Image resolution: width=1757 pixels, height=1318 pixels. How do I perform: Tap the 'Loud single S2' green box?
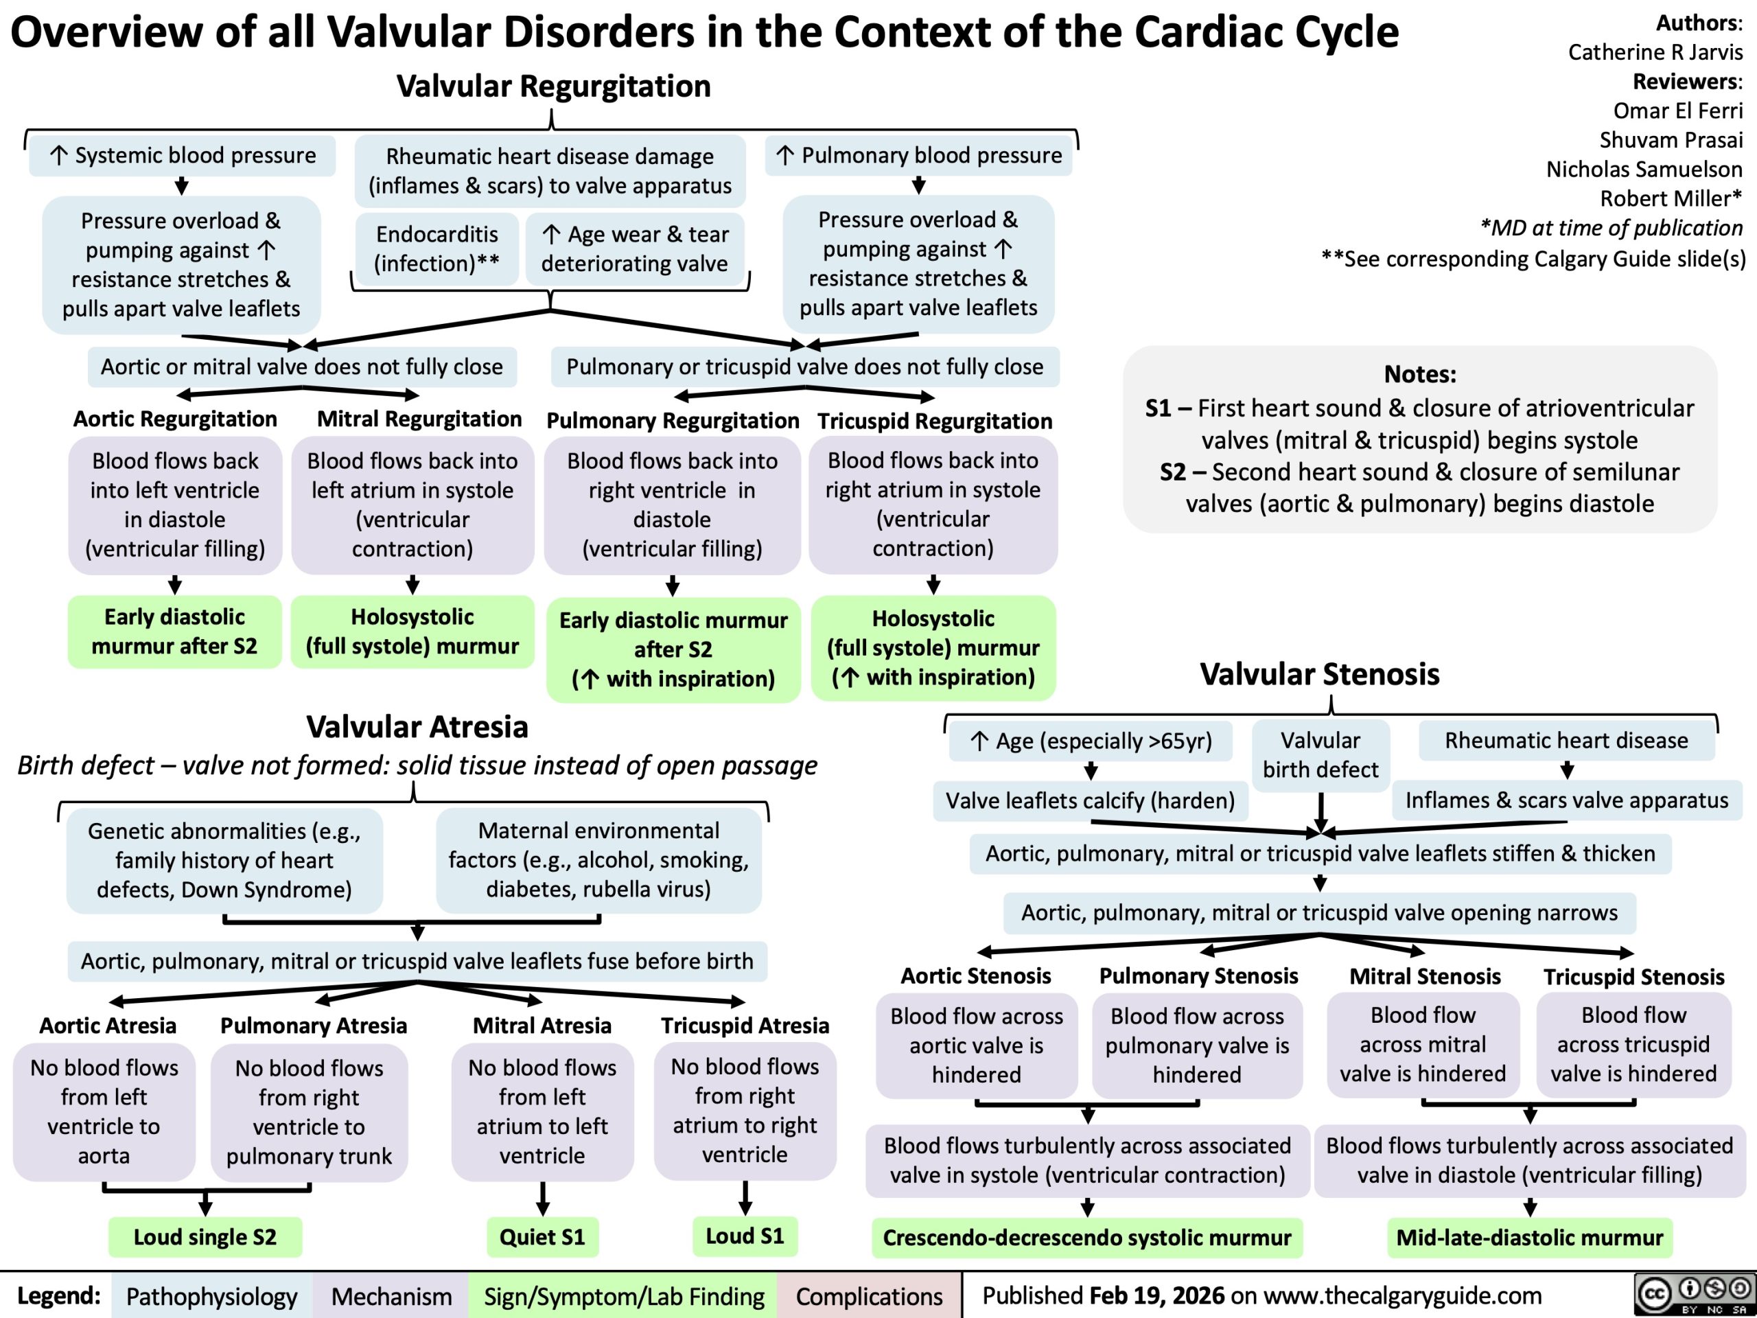tap(205, 1237)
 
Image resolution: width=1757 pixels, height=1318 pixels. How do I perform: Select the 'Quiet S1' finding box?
tap(542, 1237)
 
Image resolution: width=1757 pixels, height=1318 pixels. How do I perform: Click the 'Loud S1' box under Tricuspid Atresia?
tap(744, 1236)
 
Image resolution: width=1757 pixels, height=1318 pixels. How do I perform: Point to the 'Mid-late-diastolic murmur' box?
tap(1529, 1237)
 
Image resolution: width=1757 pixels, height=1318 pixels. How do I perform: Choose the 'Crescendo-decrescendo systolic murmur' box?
tap(1086, 1237)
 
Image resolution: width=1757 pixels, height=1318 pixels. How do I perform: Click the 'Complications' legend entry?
tap(869, 1297)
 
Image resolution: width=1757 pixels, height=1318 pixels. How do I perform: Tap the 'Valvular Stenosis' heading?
tap(1319, 673)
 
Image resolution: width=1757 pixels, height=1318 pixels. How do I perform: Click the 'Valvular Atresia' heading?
tap(417, 726)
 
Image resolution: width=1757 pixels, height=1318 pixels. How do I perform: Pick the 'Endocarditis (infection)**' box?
tap(437, 248)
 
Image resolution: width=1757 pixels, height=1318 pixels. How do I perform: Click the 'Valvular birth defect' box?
tap(1320, 754)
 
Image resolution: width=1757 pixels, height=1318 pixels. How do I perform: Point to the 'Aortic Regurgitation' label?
tap(175, 419)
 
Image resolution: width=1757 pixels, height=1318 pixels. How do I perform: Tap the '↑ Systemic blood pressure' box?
tap(182, 155)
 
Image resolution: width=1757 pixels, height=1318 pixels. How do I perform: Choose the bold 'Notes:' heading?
tap(1419, 373)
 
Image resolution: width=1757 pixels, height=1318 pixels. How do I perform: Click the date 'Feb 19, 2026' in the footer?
tap(1156, 1296)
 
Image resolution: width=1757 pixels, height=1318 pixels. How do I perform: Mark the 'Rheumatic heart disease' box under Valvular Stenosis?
tap(1566, 741)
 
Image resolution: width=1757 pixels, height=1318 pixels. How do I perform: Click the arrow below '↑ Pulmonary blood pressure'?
tap(919, 185)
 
